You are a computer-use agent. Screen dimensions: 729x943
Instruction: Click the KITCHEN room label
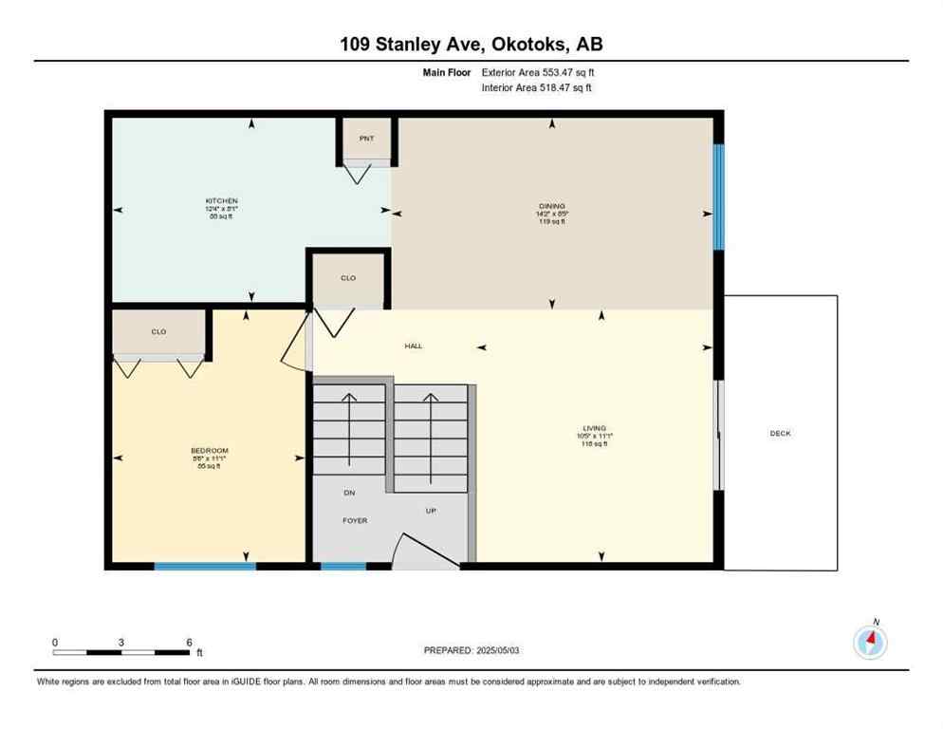[221, 201]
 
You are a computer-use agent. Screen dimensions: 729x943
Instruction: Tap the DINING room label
[552, 206]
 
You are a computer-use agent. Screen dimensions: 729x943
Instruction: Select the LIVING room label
[595, 428]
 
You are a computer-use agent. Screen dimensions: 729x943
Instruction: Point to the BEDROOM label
[209, 451]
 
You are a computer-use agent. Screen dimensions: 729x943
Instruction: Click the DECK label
[780, 433]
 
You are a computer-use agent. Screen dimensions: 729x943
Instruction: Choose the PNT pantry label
[366, 139]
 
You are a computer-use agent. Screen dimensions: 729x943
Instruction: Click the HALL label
[414, 346]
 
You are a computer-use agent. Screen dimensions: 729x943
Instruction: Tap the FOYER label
[355, 520]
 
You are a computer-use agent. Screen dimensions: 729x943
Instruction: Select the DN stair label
[349, 493]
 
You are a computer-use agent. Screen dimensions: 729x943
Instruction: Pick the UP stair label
[430, 510]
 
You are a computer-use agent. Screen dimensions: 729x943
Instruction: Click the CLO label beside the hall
[348, 278]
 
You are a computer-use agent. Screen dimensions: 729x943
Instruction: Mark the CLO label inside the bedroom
[158, 331]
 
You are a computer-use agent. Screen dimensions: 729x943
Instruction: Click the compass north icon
[870, 642]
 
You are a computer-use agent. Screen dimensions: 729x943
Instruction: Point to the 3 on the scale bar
[121, 643]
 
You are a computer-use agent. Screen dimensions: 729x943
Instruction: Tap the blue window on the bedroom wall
[205, 566]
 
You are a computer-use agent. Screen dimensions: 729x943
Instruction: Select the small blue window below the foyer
[343, 566]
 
